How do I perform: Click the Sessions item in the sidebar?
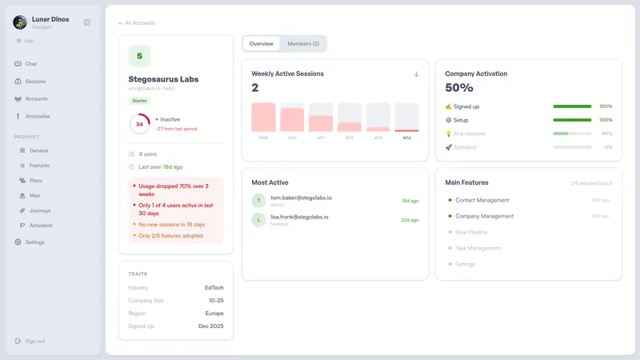(x=35, y=81)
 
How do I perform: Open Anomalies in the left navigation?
(x=37, y=116)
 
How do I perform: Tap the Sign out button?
(x=34, y=341)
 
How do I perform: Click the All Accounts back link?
(x=137, y=23)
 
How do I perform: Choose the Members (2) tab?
(x=303, y=43)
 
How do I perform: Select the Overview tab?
(x=261, y=43)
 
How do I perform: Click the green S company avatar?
(x=139, y=56)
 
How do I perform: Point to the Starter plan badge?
(x=139, y=101)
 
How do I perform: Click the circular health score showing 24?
(x=139, y=124)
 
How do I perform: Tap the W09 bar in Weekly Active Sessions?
(x=263, y=117)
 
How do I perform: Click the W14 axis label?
(x=406, y=138)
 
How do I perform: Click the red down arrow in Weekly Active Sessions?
(x=416, y=74)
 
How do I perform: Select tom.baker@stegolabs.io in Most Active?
(x=301, y=197)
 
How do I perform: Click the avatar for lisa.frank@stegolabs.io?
(x=258, y=219)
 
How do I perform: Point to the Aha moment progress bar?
(x=572, y=134)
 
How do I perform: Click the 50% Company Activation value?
(x=459, y=88)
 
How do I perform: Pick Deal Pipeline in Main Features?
(x=478, y=232)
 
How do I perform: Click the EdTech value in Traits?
(x=214, y=287)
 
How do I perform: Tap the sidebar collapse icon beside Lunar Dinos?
(x=87, y=22)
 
